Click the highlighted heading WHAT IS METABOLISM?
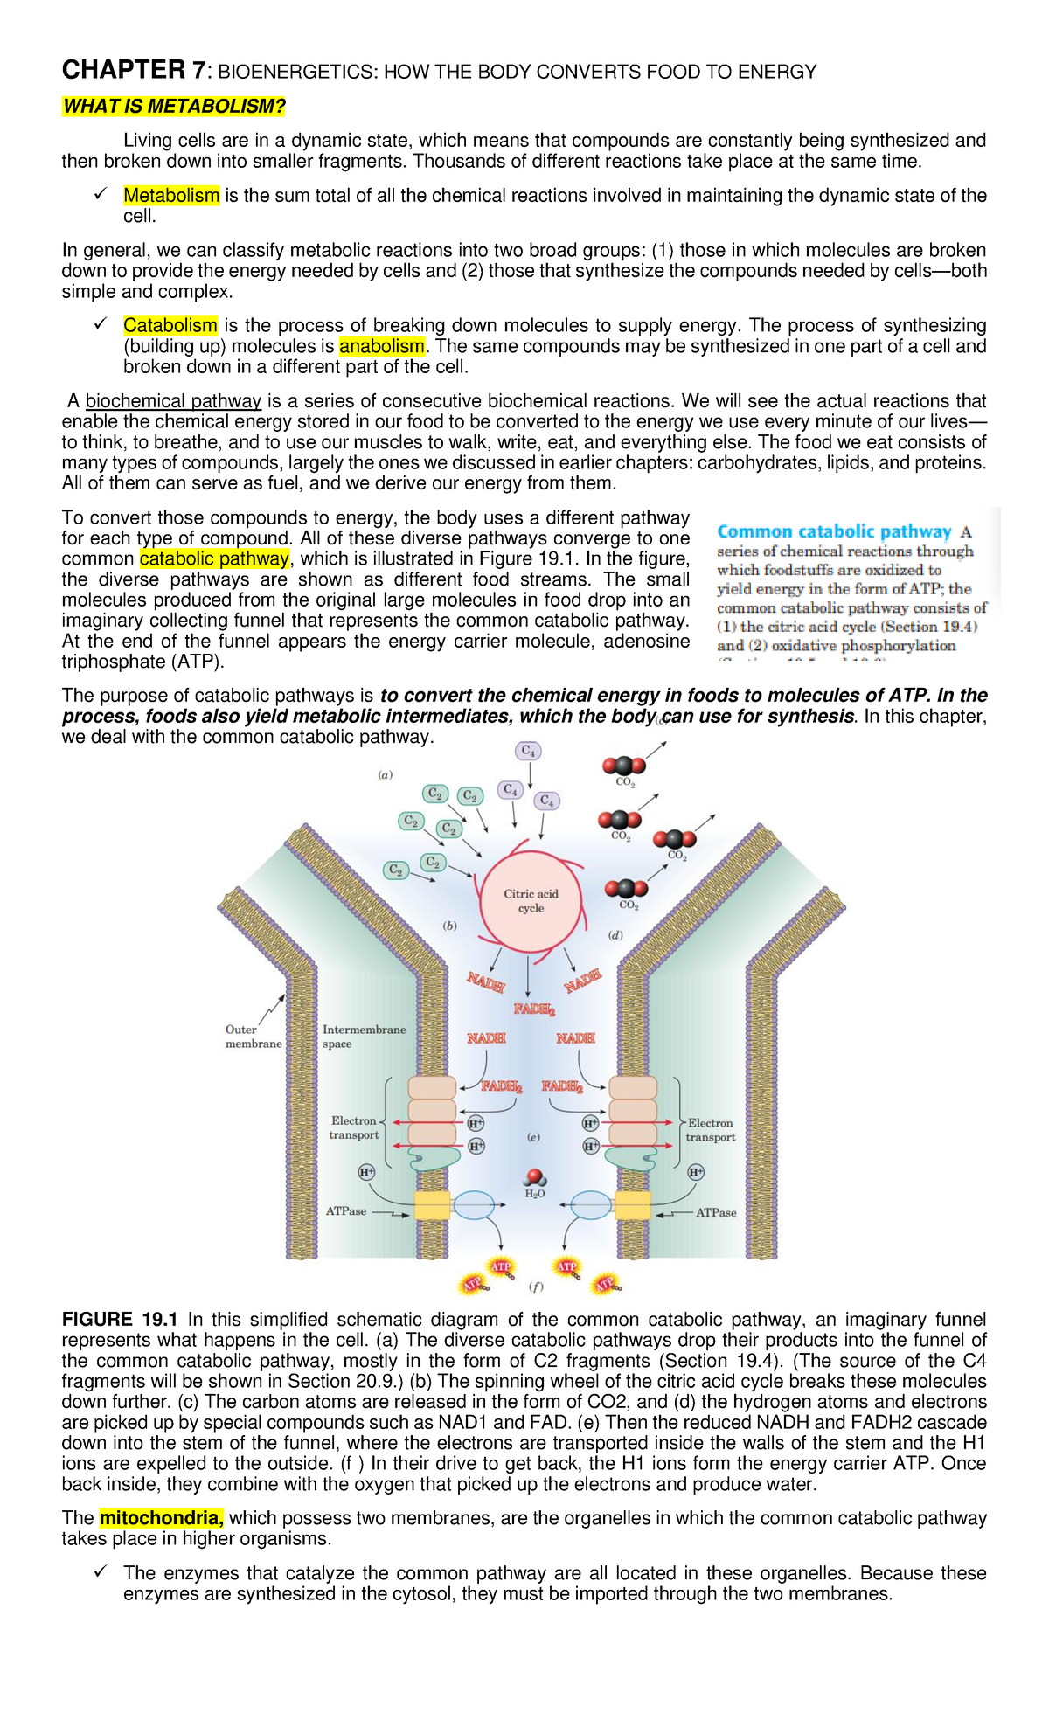click(174, 107)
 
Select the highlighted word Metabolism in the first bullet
click(171, 196)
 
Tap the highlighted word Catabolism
click(170, 326)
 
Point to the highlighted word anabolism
click(381, 347)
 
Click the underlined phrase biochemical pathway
click(173, 401)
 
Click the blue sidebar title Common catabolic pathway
click(834, 531)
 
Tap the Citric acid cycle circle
click(531, 901)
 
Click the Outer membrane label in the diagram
click(253, 1037)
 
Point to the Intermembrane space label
click(363, 1037)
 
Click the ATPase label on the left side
click(346, 1211)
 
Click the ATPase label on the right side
click(716, 1212)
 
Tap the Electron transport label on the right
click(710, 1130)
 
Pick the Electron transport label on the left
click(354, 1127)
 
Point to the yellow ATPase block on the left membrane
click(432, 1205)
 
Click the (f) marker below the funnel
click(536, 1287)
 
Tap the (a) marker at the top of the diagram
click(385, 774)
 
